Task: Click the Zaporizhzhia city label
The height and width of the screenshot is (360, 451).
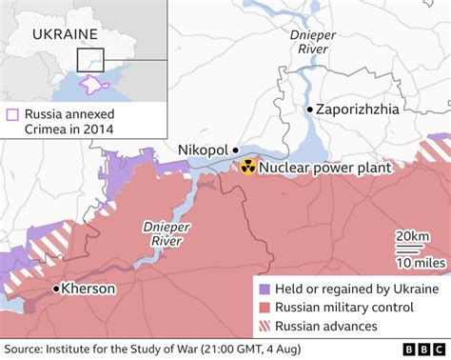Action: coord(359,110)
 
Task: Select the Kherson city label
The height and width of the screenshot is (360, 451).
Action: coord(88,288)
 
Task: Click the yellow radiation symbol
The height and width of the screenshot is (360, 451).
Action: coord(247,168)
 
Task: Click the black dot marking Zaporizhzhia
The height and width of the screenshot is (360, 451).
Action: coord(309,110)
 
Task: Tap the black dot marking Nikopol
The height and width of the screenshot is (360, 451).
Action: coord(235,150)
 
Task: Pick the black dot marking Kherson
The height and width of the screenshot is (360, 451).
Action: coord(56,288)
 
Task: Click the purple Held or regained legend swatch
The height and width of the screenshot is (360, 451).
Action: coord(264,290)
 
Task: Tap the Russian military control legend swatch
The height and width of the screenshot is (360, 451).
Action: coord(264,308)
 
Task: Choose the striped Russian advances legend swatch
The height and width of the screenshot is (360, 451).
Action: coord(264,326)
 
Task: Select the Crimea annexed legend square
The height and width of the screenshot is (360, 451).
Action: coord(11,114)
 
